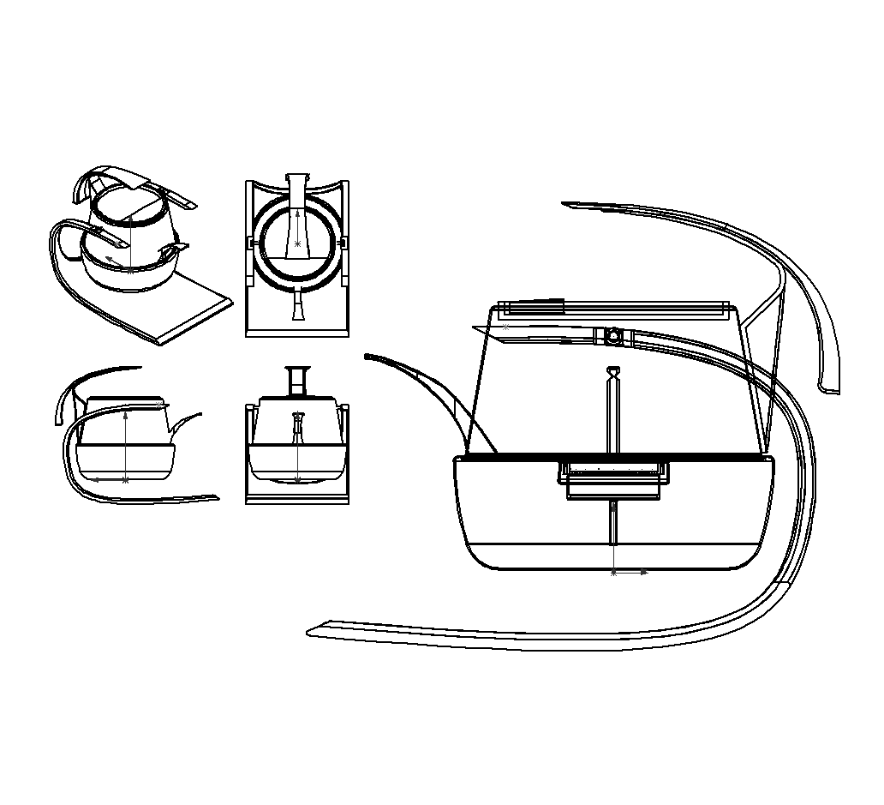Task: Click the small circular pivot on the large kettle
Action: (613, 336)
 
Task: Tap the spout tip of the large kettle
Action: (368, 356)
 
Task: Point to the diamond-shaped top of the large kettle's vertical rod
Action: (612, 372)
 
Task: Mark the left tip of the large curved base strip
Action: (310, 633)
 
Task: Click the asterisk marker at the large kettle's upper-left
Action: (505, 327)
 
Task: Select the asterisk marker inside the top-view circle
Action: (297, 244)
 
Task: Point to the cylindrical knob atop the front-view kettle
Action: (297, 380)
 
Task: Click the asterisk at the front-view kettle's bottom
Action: (297, 480)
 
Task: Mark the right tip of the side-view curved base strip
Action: (216, 498)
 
